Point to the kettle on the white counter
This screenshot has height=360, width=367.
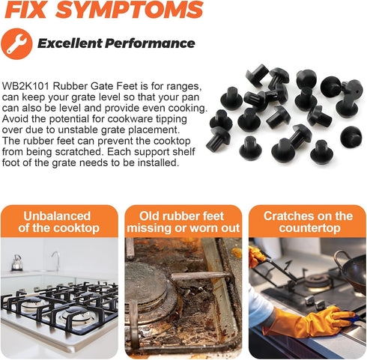16,263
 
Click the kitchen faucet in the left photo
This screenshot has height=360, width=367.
55,260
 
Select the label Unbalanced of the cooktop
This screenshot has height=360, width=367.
59,222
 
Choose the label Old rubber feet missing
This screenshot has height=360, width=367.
183,222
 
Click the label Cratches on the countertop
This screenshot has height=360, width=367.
307,222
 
